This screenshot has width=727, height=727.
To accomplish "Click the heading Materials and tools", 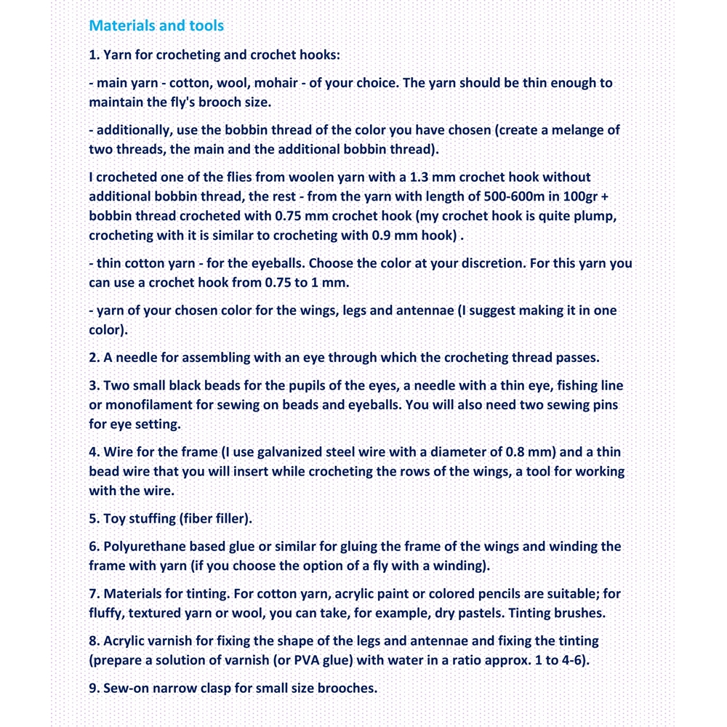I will [156, 26].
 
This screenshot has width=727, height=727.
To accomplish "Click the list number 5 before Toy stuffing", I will [94, 519].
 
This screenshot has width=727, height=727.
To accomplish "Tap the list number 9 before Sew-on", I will [94, 688].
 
